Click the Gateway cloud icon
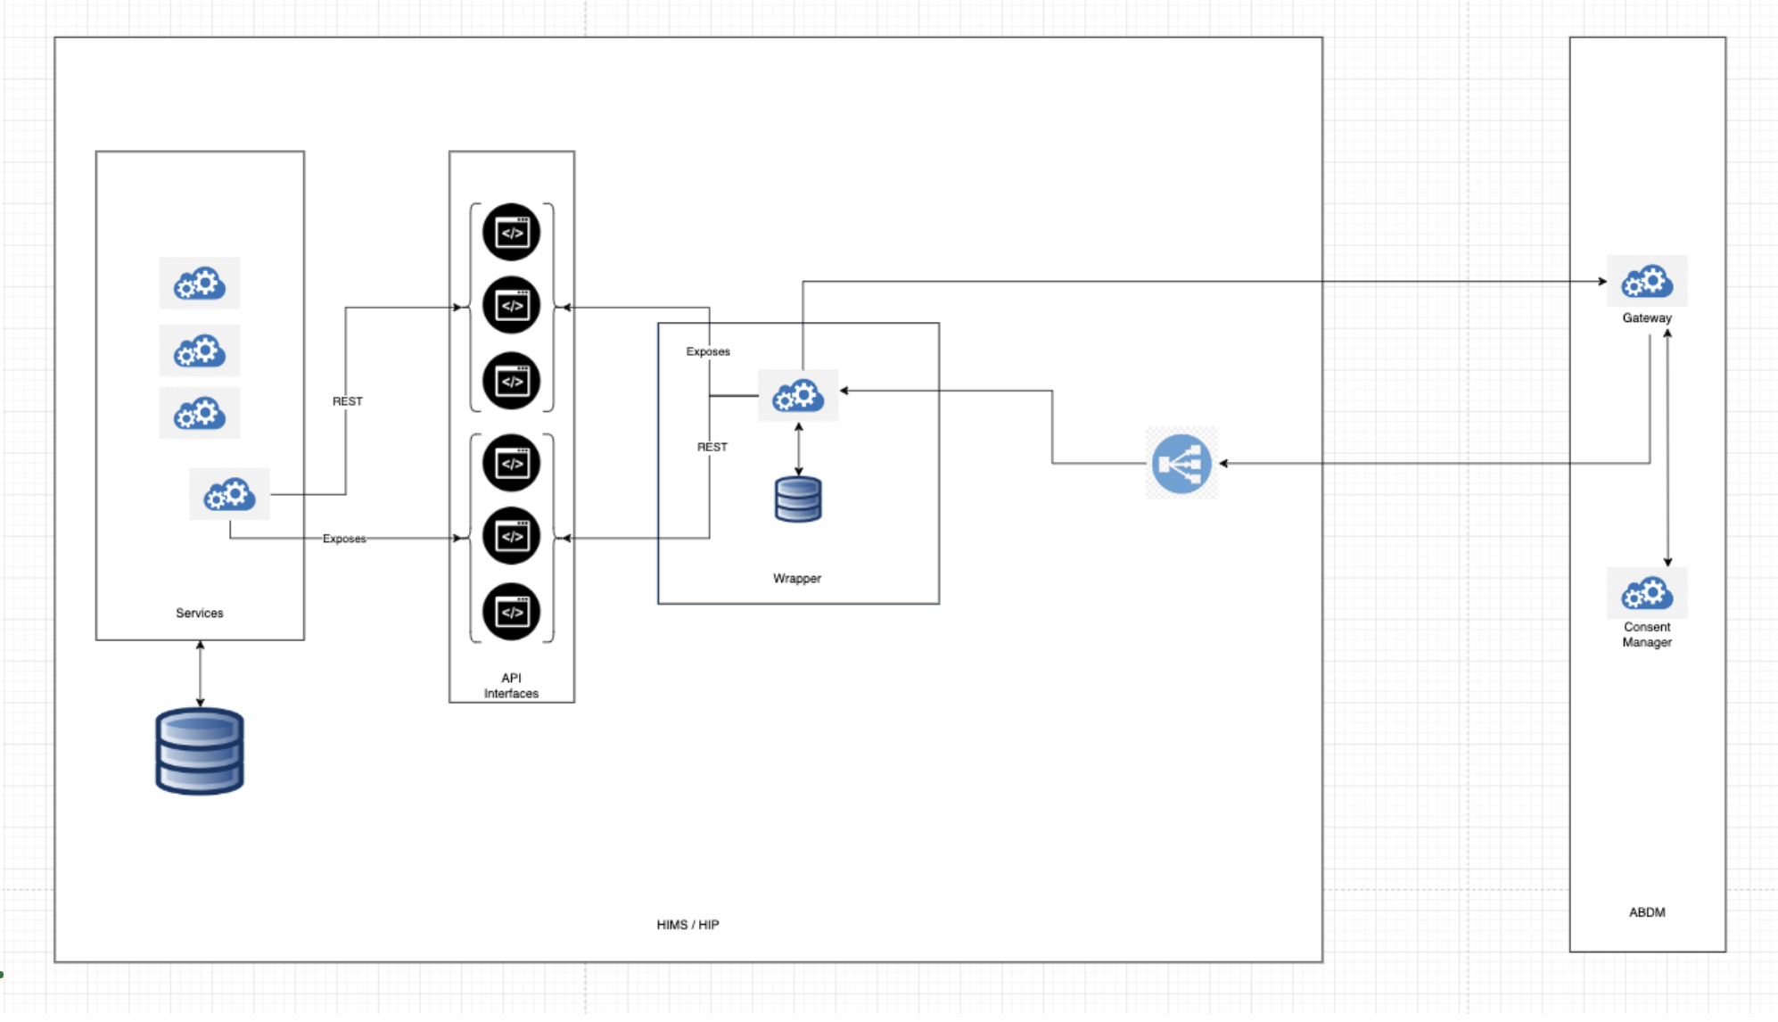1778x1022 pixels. point(1646,282)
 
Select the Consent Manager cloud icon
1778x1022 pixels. point(1646,593)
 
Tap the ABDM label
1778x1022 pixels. point(1646,912)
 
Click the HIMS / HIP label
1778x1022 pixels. point(687,925)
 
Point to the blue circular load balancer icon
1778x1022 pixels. point(1181,464)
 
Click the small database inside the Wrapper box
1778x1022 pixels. point(798,499)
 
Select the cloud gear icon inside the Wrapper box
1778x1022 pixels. point(798,395)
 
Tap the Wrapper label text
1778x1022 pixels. point(796,579)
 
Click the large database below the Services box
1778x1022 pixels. point(200,751)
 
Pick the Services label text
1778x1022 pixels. point(199,614)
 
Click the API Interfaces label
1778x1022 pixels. point(511,686)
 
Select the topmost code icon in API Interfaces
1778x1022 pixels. point(511,233)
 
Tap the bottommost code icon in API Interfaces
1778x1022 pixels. point(511,612)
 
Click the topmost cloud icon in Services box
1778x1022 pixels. point(200,284)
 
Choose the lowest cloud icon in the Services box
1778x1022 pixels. point(229,494)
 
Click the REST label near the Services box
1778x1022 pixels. point(348,401)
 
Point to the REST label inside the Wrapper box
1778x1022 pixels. point(712,447)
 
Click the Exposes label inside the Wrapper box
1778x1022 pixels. point(708,351)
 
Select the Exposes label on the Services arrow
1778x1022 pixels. point(344,539)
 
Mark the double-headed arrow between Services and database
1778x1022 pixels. point(200,673)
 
